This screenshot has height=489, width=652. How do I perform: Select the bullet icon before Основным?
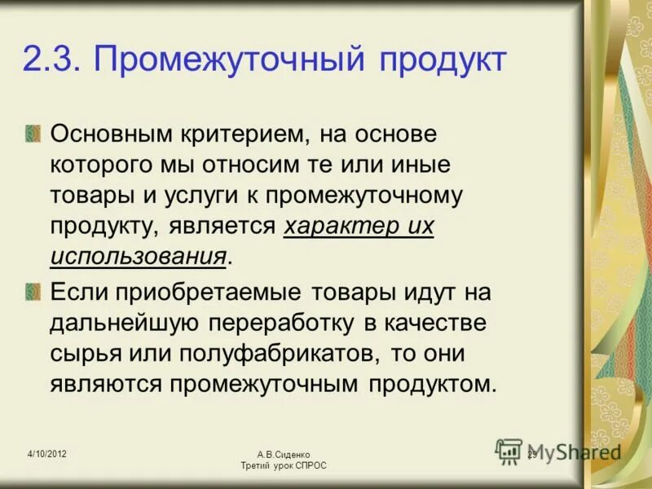(x=32, y=131)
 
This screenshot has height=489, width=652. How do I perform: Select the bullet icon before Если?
(x=32, y=290)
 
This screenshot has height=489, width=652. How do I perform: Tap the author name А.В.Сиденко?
(x=283, y=454)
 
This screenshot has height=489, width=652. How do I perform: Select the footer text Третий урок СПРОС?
(x=283, y=465)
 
